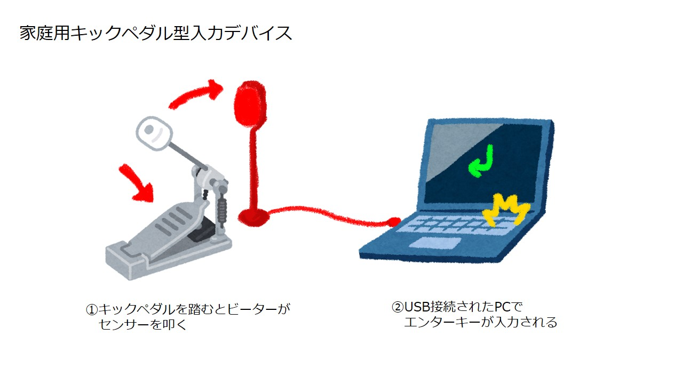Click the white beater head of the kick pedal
[x=154, y=133]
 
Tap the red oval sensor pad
[x=250, y=104]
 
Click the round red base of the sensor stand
[x=253, y=217]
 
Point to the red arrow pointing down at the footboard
[x=137, y=183]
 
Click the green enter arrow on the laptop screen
[x=481, y=161]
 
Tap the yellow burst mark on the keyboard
[x=505, y=210]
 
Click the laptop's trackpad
[x=435, y=243]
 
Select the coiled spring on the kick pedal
[x=223, y=210]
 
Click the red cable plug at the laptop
[x=394, y=221]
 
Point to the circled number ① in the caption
[x=91, y=310]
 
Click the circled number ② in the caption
[x=398, y=307]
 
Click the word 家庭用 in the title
[x=45, y=33]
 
